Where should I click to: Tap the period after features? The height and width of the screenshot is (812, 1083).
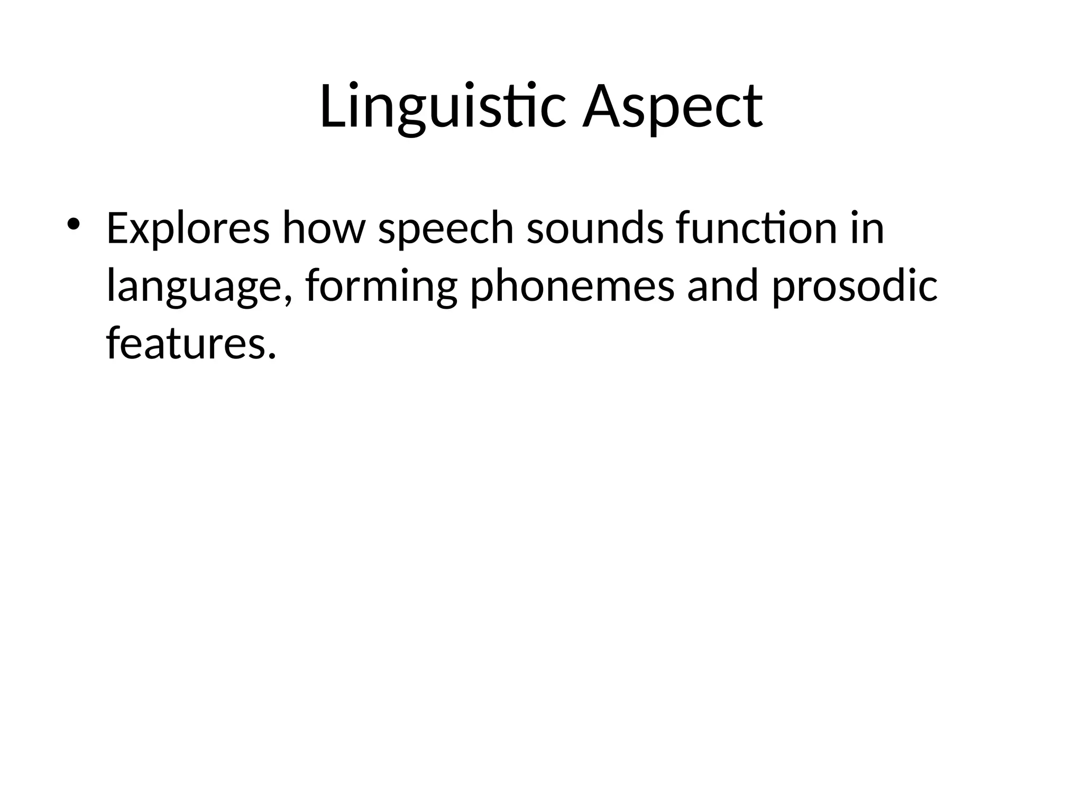272,355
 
